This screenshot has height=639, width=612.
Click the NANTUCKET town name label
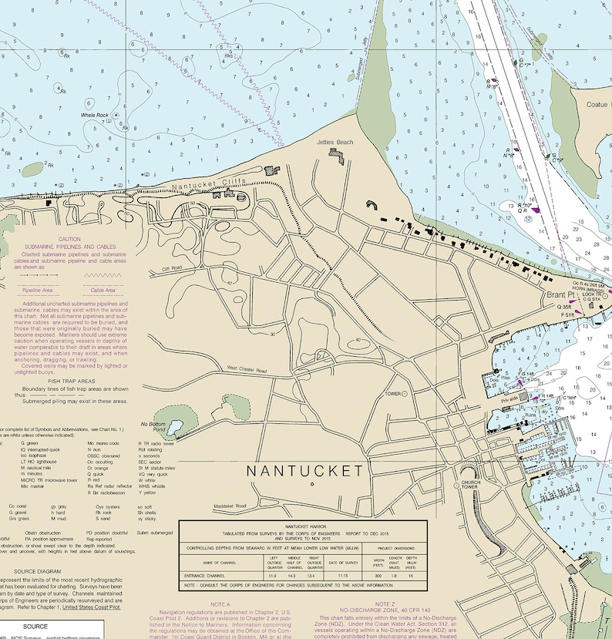point(304,470)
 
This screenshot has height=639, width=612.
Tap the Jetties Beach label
point(335,143)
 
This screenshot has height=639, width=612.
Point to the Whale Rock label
point(95,115)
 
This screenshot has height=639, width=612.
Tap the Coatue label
point(598,104)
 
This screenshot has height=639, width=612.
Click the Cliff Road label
point(171,268)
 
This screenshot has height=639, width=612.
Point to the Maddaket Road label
point(230,506)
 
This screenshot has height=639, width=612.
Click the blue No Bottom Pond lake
point(176,426)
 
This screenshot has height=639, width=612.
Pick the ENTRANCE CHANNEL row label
point(210,575)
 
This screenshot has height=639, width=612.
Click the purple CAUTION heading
point(69,239)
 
